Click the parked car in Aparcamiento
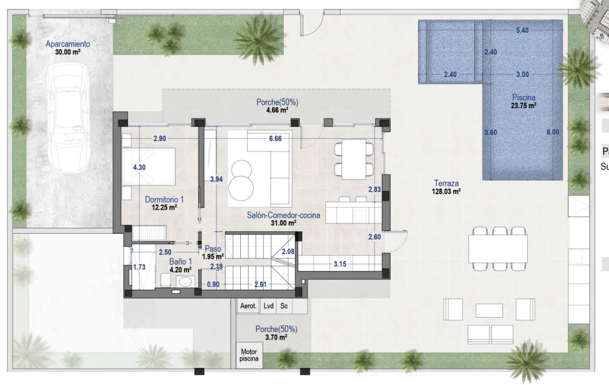tap(68, 118)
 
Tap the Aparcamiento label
tap(68, 44)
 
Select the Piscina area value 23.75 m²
tap(523, 106)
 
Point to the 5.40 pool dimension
tap(522, 30)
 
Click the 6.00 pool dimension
tap(553, 132)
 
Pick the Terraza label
tap(446, 183)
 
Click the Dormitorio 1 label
tap(164, 199)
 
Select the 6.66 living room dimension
tap(275, 139)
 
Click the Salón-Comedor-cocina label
tap(283, 215)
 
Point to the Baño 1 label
tap(181, 262)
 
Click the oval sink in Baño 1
tap(185, 282)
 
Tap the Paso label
tap(213, 248)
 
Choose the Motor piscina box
tap(249, 355)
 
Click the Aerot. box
tap(248, 306)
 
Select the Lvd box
tap(268, 306)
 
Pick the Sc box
tap(284, 306)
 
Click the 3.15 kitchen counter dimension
tap(340, 264)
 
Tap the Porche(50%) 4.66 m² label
tap(277, 106)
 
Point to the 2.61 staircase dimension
tap(260, 284)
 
